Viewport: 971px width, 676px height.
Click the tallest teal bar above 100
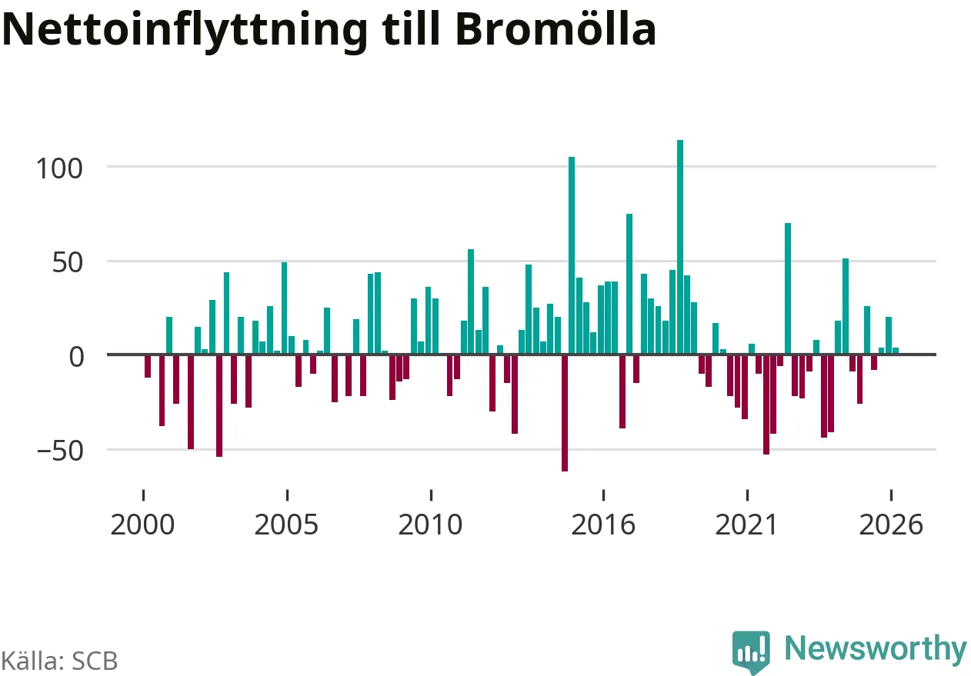pyautogui.click(x=680, y=247)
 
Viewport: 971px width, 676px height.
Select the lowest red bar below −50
pyautogui.click(x=565, y=413)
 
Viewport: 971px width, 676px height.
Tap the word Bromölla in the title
pyautogui.click(x=556, y=28)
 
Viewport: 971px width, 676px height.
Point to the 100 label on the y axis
pyautogui.click(x=59, y=168)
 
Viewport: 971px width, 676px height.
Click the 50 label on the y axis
pyautogui.click(x=67, y=262)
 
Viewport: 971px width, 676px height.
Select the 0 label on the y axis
pyautogui.click(x=77, y=358)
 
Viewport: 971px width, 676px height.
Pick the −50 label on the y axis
pyautogui.click(x=60, y=451)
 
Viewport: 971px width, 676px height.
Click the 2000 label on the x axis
pyautogui.click(x=142, y=524)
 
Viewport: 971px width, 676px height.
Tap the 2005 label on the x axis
pyautogui.click(x=286, y=524)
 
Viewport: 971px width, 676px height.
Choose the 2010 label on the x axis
pyautogui.click(x=430, y=524)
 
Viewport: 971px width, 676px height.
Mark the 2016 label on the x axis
pyautogui.click(x=603, y=524)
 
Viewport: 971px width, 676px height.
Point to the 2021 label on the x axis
pyautogui.click(x=746, y=524)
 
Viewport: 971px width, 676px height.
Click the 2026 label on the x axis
pyautogui.click(x=891, y=524)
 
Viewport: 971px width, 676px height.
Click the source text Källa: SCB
pyautogui.click(x=59, y=661)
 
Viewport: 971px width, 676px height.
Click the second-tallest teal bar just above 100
pyautogui.click(x=572, y=255)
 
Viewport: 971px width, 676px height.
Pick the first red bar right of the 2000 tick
pyautogui.click(x=148, y=366)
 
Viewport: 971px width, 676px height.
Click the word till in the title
pyautogui.click(x=412, y=28)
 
